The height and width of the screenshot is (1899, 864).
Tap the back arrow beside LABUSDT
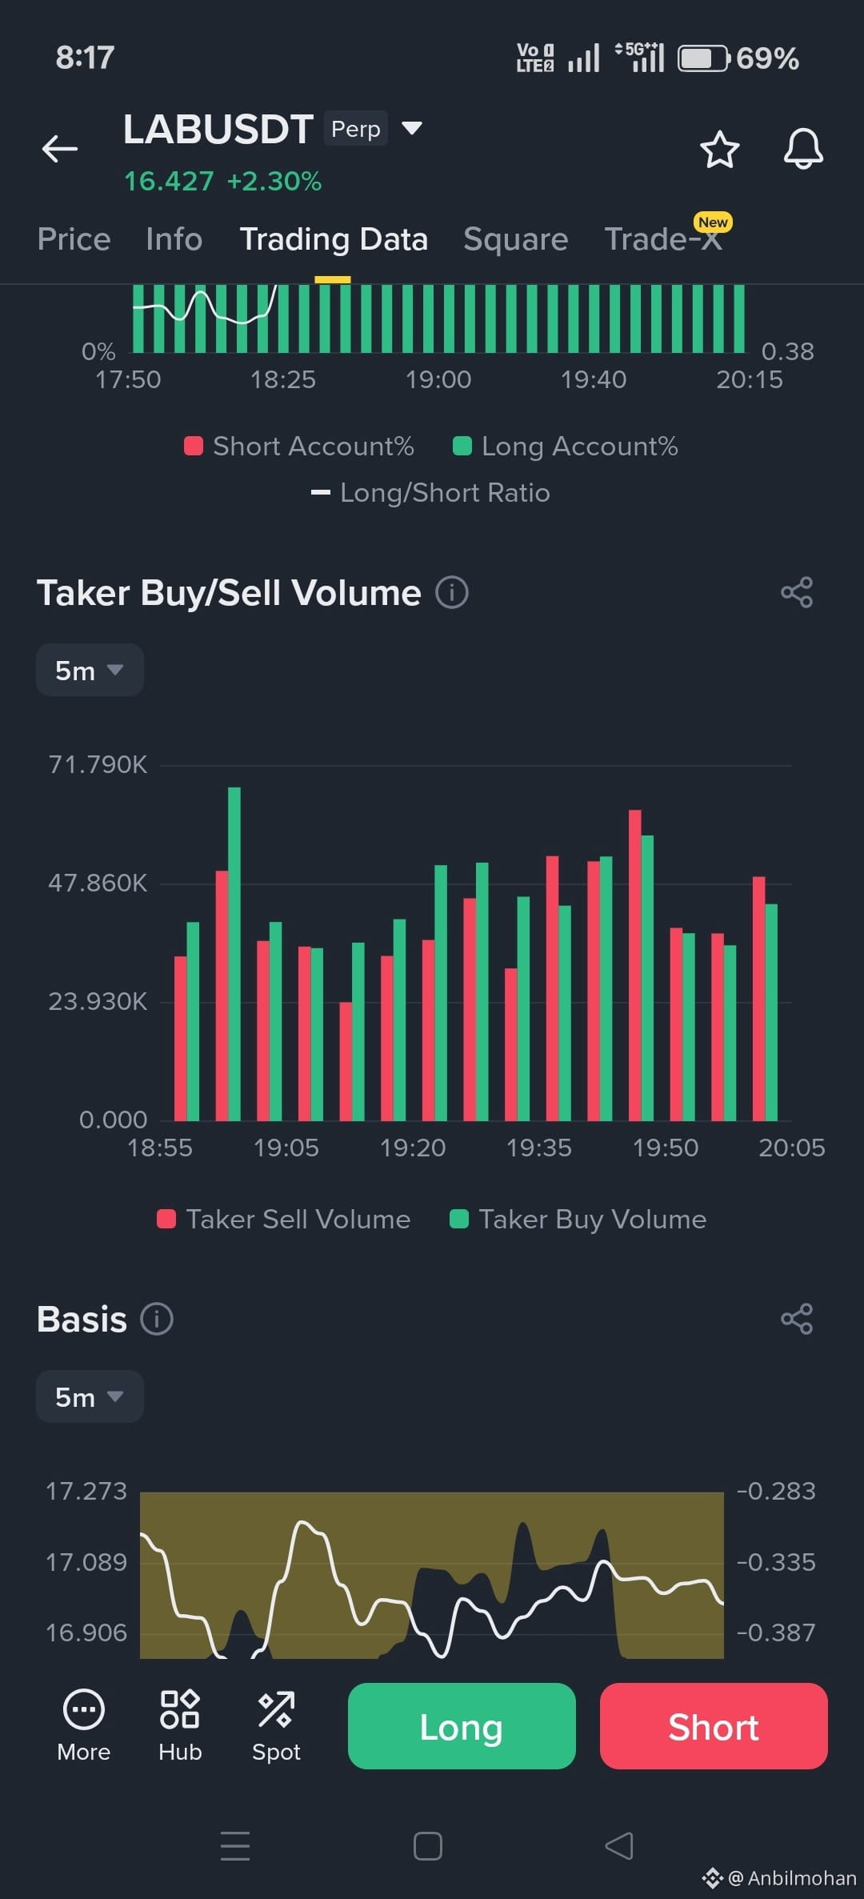(60, 149)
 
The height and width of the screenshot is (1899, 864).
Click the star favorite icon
(719, 149)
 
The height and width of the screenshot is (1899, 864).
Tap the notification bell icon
(803, 148)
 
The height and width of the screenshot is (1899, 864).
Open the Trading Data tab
(334, 239)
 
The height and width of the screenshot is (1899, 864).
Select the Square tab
(516, 239)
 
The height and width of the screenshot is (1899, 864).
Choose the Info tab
(174, 239)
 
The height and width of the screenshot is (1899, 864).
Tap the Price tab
(74, 239)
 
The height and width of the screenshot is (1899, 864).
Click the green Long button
(462, 1726)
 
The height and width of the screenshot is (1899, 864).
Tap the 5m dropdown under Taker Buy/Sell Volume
(90, 670)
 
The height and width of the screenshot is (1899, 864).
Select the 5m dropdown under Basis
(90, 1396)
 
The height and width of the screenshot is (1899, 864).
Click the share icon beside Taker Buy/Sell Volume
(797, 592)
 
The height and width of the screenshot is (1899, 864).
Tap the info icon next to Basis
(157, 1319)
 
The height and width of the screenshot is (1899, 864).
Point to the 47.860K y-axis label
(98, 883)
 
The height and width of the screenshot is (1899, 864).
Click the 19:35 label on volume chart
(538, 1148)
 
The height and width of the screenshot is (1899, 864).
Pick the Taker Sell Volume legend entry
(284, 1219)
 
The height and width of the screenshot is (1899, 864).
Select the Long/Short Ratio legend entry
(430, 492)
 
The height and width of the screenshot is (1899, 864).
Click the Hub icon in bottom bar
(180, 1725)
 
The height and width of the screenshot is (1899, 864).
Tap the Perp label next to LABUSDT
(356, 129)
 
